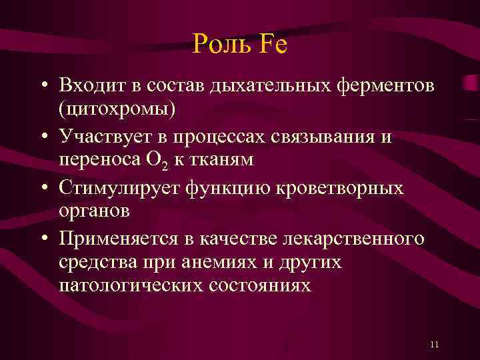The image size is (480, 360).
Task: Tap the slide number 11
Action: tap(435, 344)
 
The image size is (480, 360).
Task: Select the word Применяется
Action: tap(121, 238)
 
